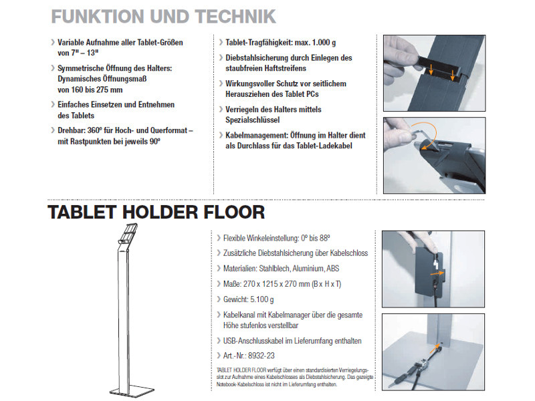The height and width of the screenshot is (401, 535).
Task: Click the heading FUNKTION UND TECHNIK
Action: (x=163, y=16)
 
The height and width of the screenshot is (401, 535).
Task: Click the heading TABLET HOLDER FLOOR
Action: (x=156, y=213)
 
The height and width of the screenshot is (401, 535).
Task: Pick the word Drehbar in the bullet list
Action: (x=72, y=131)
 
